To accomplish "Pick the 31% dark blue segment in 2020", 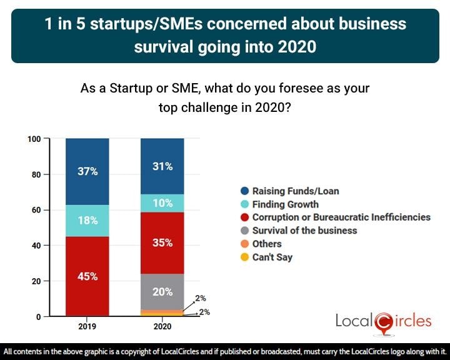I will pyautogui.click(x=162, y=166).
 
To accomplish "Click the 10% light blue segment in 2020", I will pyautogui.click(x=162, y=203).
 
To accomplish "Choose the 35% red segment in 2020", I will pyautogui.click(x=162, y=243).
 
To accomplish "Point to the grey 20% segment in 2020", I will pyautogui.click(x=162, y=291).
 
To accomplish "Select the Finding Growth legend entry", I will pyautogui.click(x=285, y=204).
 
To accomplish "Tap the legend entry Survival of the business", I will pyautogui.click(x=304, y=231).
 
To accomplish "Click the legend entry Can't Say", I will pyautogui.click(x=272, y=257).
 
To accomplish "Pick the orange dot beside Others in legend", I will pyautogui.click(x=246, y=244).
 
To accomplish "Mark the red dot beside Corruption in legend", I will pyautogui.click(x=246, y=217).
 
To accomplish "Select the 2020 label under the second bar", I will pyautogui.click(x=162, y=326).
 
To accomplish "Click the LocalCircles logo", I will pyautogui.click(x=383, y=321).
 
